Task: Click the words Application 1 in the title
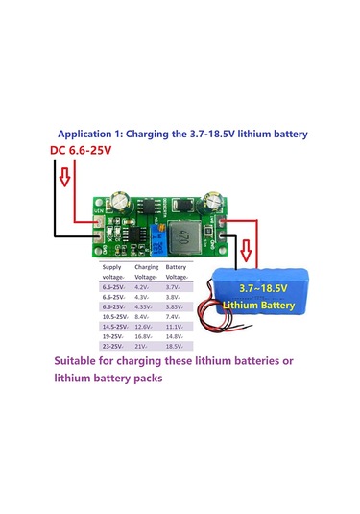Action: coord(89,135)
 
